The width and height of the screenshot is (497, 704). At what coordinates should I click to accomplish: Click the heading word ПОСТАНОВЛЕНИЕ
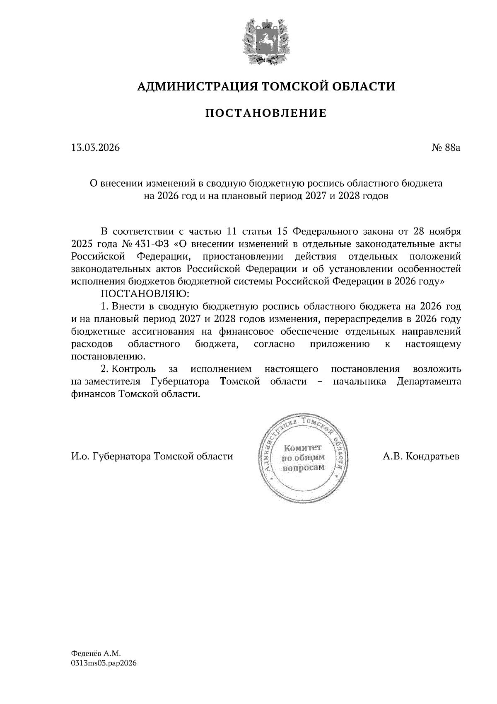[x=266, y=113]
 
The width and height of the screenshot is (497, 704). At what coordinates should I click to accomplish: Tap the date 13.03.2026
[x=95, y=147]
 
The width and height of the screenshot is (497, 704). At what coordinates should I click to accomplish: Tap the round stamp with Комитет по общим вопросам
[x=303, y=458]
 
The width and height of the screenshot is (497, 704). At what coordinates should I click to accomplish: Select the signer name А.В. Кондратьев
[x=421, y=456]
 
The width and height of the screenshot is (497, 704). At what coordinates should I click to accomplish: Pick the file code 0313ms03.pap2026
[x=104, y=663]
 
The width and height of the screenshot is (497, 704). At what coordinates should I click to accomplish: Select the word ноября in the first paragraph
[x=445, y=231]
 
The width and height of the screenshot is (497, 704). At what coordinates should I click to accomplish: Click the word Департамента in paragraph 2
[x=429, y=381]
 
